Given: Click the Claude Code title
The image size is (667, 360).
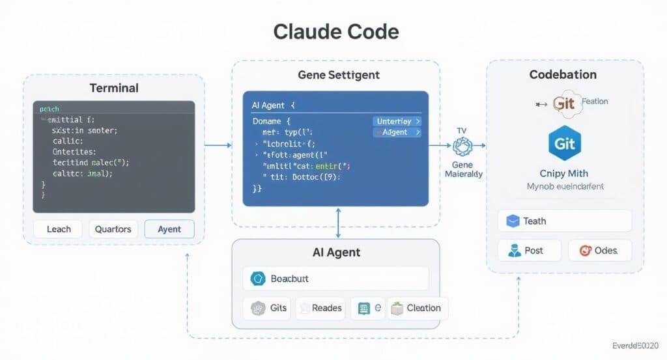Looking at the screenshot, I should coord(336,31).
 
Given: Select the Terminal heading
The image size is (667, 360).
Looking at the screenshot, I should coord(113,88).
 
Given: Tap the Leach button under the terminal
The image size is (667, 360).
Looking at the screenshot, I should coord(57,228).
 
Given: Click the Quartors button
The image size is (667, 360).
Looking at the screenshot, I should coord(113,228).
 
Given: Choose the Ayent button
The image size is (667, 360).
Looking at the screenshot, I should coord(168,228).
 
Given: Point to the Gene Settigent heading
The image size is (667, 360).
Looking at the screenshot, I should coord(338,75).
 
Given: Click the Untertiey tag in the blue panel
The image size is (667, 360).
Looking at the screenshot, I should coord(397,121).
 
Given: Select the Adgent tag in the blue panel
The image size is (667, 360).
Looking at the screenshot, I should coord(397,132).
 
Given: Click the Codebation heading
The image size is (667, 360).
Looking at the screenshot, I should coord(563,75).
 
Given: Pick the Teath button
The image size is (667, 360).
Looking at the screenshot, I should coord(565,221).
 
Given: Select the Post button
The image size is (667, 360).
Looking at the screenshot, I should coord(528,251).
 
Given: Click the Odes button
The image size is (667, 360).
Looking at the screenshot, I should coord(599,251).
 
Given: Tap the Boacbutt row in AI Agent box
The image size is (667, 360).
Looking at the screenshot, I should coord(335,279).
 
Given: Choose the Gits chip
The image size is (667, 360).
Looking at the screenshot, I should coord(268,308).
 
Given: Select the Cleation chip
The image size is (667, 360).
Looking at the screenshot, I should coord(418,308).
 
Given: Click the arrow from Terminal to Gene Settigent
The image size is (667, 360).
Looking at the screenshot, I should coord(218,145).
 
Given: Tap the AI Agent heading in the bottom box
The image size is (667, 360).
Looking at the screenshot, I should coord(337,253).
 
